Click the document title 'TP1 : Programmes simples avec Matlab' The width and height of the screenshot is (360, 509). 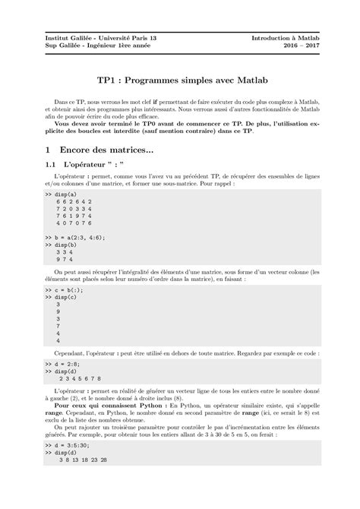pyautogui.click(x=180, y=78)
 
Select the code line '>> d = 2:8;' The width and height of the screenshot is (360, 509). pyautogui.click(x=60, y=366)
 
